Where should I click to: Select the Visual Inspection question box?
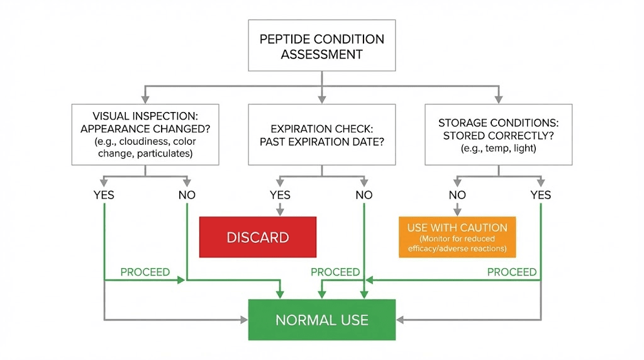(145, 135)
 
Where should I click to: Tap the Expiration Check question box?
(321, 135)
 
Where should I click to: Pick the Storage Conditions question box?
(498, 135)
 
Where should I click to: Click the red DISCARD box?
(257, 237)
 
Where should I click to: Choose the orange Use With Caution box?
(457, 237)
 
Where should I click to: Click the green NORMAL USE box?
(321, 320)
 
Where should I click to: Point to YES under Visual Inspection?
(103, 195)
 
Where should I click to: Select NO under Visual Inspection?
(187, 195)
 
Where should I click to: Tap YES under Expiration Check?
(280, 195)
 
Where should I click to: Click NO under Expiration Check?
(364, 195)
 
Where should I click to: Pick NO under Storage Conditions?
(457, 195)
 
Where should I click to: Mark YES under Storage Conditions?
(540, 195)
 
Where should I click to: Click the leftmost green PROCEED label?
(145, 273)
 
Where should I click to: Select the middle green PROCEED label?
(335, 273)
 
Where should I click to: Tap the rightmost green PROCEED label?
(512, 273)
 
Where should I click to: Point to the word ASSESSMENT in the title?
(321, 55)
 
